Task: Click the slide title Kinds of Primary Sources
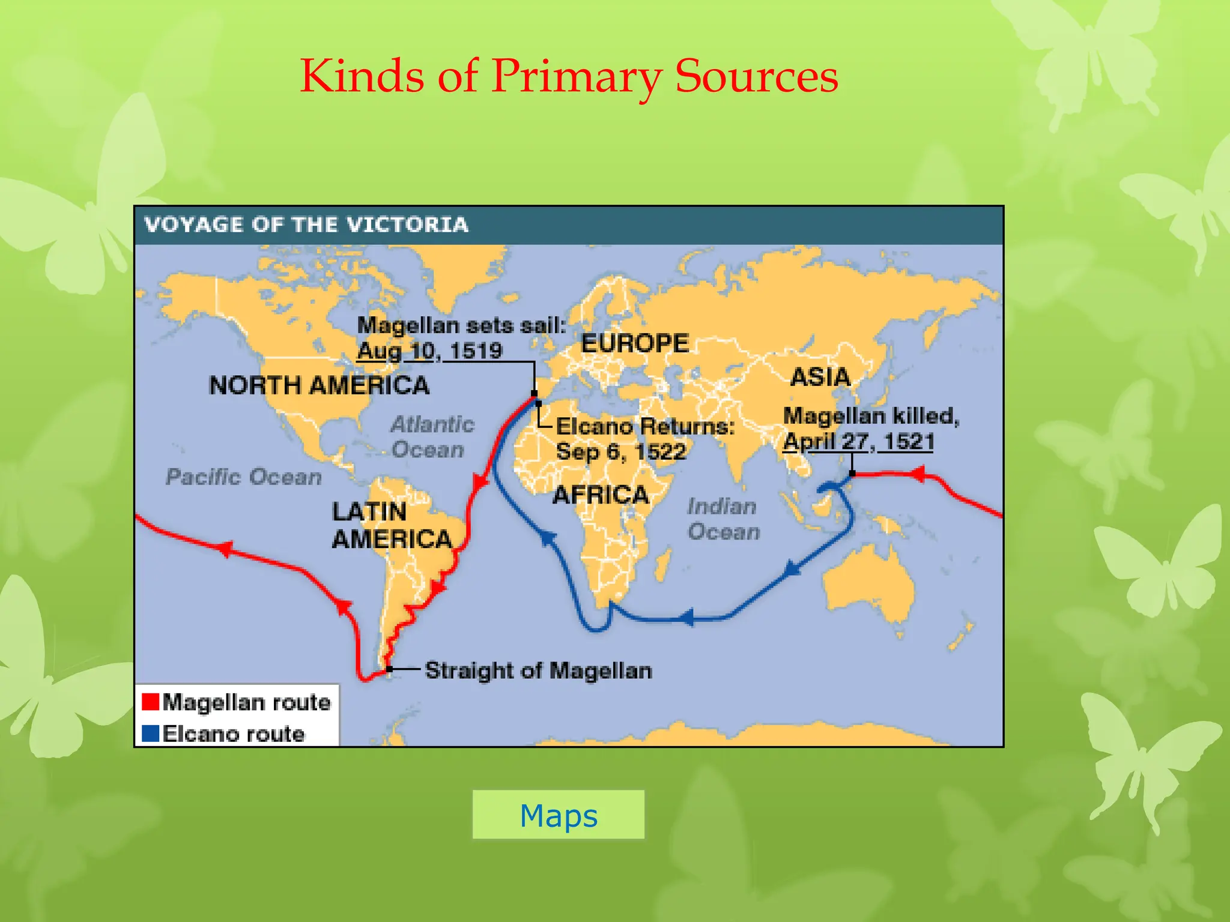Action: pyautogui.click(x=569, y=76)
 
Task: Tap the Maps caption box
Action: pyautogui.click(x=558, y=815)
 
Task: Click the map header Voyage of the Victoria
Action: pyautogui.click(x=306, y=224)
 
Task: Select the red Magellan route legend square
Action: pyautogui.click(x=150, y=701)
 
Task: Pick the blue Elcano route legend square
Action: pyautogui.click(x=150, y=733)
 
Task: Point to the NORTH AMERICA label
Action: pyautogui.click(x=319, y=385)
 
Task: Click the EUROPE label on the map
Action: pyautogui.click(x=635, y=343)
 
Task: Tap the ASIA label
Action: pyautogui.click(x=820, y=377)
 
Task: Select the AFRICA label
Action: pyautogui.click(x=601, y=495)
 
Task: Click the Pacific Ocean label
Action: pyautogui.click(x=243, y=477)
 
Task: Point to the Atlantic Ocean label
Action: pyautogui.click(x=431, y=437)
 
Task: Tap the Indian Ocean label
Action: pyautogui.click(x=723, y=519)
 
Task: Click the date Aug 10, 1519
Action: pyautogui.click(x=430, y=351)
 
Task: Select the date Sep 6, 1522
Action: pyautogui.click(x=621, y=451)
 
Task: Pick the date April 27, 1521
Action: pyautogui.click(x=859, y=441)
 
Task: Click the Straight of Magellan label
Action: pyautogui.click(x=538, y=670)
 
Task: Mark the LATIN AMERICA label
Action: pyautogui.click(x=392, y=525)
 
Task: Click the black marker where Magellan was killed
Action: pyautogui.click(x=852, y=474)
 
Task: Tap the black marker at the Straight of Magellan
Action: pyautogui.click(x=390, y=669)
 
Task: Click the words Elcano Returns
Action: pyautogui.click(x=645, y=426)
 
